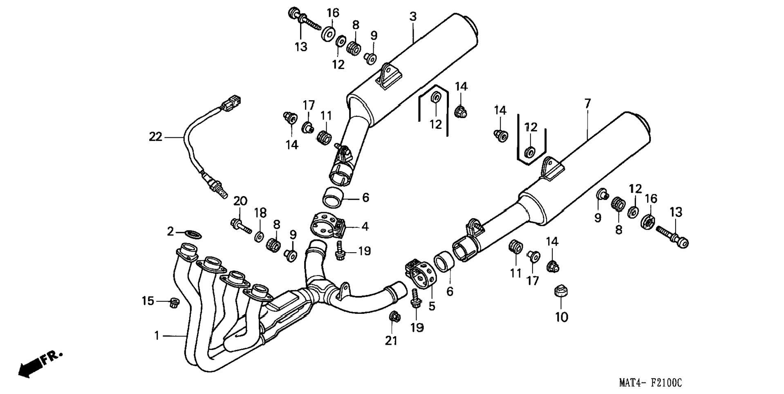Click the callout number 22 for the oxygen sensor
point(155,137)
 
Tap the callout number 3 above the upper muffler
point(413,17)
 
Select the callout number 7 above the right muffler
point(587,103)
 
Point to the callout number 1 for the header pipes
point(157,336)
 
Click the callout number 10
point(561,317)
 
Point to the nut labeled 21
point(394,316)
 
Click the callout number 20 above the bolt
point(240,201)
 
